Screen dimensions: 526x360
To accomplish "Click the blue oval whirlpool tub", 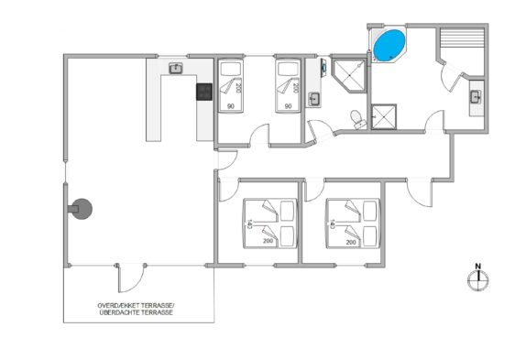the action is coord(389,45).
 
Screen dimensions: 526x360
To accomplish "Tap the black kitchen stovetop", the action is coord(204,92).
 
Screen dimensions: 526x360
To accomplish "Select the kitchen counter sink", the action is coord(175,69).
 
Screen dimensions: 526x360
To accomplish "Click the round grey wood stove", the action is coord(82,209).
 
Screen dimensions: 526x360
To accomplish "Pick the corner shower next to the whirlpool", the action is coord(349,75).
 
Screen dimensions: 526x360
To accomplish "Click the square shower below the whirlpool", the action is coord(384,116).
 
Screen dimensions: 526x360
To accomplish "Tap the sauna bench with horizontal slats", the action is coord(462,38).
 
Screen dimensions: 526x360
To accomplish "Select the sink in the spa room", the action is coord(477,97).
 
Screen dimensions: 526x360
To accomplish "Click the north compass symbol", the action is coord(477,280).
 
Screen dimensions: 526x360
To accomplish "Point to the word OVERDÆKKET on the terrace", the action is coord(118,306).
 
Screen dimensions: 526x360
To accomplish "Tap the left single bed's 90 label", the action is coord(231,106).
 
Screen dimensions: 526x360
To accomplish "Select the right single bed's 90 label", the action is coord(288,106).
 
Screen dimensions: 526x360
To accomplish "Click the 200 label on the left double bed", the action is coord(268,241).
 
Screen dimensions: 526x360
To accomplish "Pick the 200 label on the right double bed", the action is coord(351,242).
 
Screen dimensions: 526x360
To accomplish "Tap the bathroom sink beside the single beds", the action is coord(314,99).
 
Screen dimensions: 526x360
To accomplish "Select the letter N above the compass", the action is coord(478,267).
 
